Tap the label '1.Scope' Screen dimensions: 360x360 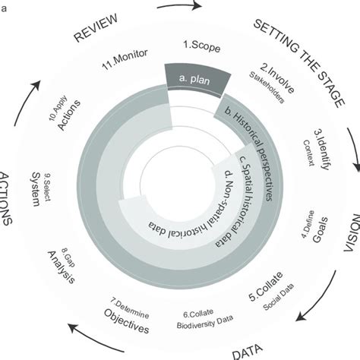coord(202,45)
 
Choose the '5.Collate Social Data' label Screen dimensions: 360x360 coord(269,290)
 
